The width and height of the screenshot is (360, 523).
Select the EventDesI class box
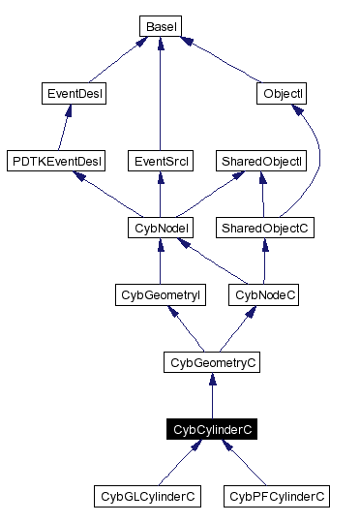(75, 94)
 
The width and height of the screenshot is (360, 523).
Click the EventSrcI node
(158, 160)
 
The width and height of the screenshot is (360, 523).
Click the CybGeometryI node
(159, 294)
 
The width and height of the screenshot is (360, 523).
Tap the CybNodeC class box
(264, 294)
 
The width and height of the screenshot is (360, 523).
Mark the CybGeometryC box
(213, 362)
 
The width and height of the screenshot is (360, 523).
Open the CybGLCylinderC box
(148, 497)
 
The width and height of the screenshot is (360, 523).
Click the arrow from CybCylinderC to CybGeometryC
(213, 397)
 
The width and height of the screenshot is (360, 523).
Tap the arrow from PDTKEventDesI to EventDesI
(67, 128)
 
